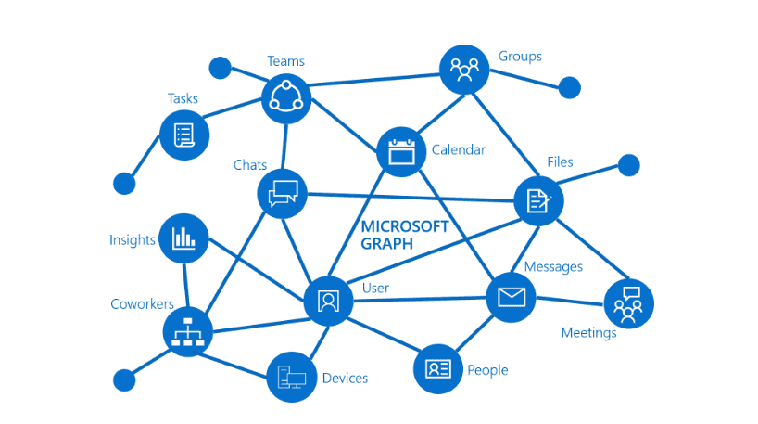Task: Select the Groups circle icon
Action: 463,69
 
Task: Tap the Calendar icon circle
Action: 401,151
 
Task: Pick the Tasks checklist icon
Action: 183,135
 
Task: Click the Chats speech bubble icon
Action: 282,193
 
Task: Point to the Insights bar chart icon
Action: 183,238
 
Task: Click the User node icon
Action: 328,300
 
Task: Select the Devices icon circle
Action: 291,377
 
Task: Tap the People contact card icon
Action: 437,368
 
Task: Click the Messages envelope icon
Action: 511,297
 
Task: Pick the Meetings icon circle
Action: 628,303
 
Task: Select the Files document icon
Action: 538,200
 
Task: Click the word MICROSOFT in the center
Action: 404,226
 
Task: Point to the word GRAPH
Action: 387,243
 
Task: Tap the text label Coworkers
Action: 143,304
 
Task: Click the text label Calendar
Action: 458,149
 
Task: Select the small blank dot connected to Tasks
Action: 124,183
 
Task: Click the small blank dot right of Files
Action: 628,165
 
